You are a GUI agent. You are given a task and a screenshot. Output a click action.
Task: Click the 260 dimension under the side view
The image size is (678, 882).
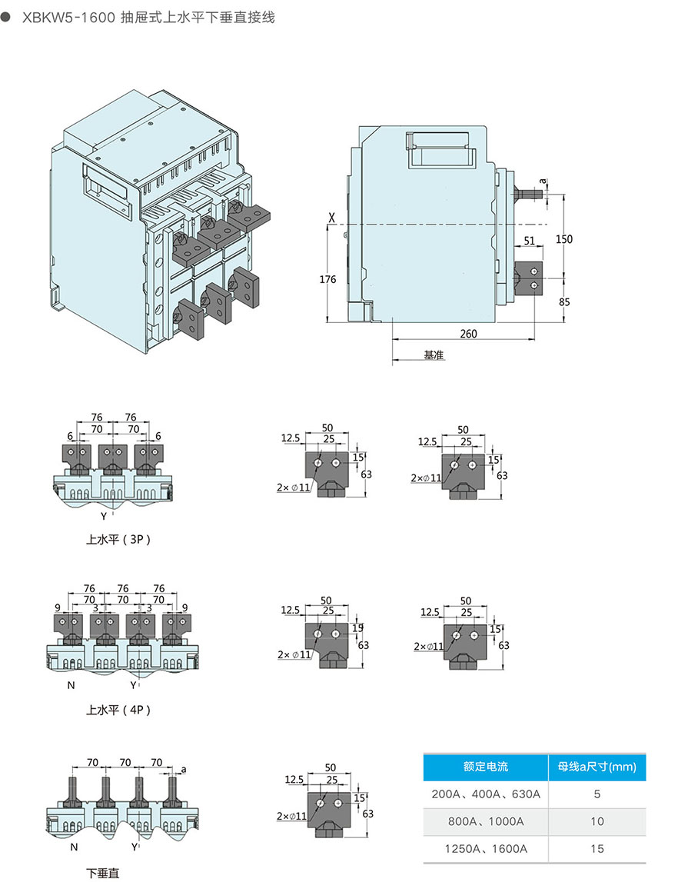[468, 333]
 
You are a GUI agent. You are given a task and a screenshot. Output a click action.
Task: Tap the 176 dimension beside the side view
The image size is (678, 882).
[327, 279]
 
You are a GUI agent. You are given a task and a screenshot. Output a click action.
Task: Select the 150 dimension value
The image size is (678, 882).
[564, 239]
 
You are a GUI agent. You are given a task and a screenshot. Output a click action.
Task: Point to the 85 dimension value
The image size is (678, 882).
[564, 301]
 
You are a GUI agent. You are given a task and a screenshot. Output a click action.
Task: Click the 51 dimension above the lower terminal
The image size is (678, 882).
[529, 241]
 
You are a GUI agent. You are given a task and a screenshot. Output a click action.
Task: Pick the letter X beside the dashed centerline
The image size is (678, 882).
[331, 218]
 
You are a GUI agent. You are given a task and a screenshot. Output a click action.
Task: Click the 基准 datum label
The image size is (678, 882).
[434, 355]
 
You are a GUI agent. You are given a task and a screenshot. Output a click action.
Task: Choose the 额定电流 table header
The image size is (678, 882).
[485, 766]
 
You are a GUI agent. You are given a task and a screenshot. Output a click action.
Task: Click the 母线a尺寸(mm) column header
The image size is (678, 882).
[597, 766]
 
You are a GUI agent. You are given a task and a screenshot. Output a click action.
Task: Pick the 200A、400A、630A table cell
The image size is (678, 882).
[485, 794]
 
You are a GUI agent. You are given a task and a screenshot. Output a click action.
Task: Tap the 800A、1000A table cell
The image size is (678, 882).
[485, 821]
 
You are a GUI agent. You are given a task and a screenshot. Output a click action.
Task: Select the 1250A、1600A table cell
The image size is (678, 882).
[485, 849]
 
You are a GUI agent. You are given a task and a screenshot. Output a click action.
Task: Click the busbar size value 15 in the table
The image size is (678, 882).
[597, 849]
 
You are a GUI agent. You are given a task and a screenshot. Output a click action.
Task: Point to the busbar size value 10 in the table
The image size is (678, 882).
[597, 821]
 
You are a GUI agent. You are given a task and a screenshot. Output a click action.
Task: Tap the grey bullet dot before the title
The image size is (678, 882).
[8, 17]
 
